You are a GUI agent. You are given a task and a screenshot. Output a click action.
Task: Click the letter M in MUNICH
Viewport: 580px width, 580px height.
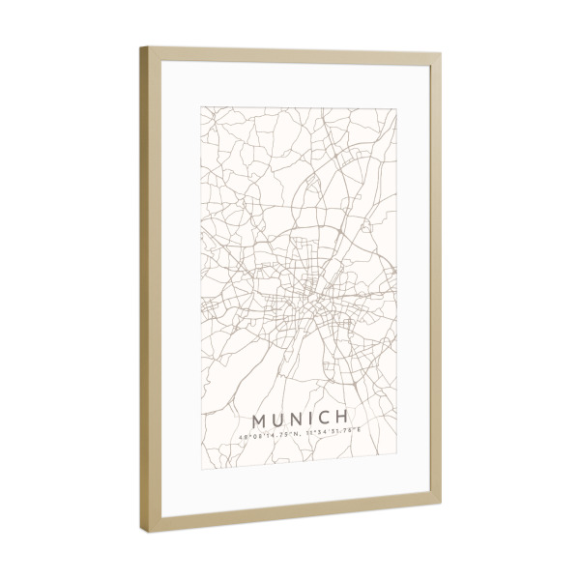[259, 422]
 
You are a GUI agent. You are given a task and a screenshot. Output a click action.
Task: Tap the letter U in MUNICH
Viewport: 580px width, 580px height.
[280, 422]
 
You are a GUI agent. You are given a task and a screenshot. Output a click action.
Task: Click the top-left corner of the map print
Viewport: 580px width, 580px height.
[201, 104]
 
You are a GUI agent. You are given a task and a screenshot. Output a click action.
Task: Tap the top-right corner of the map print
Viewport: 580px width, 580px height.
[396, 106]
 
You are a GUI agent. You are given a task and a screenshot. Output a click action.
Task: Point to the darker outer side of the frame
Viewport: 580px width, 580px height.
[143, 290]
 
